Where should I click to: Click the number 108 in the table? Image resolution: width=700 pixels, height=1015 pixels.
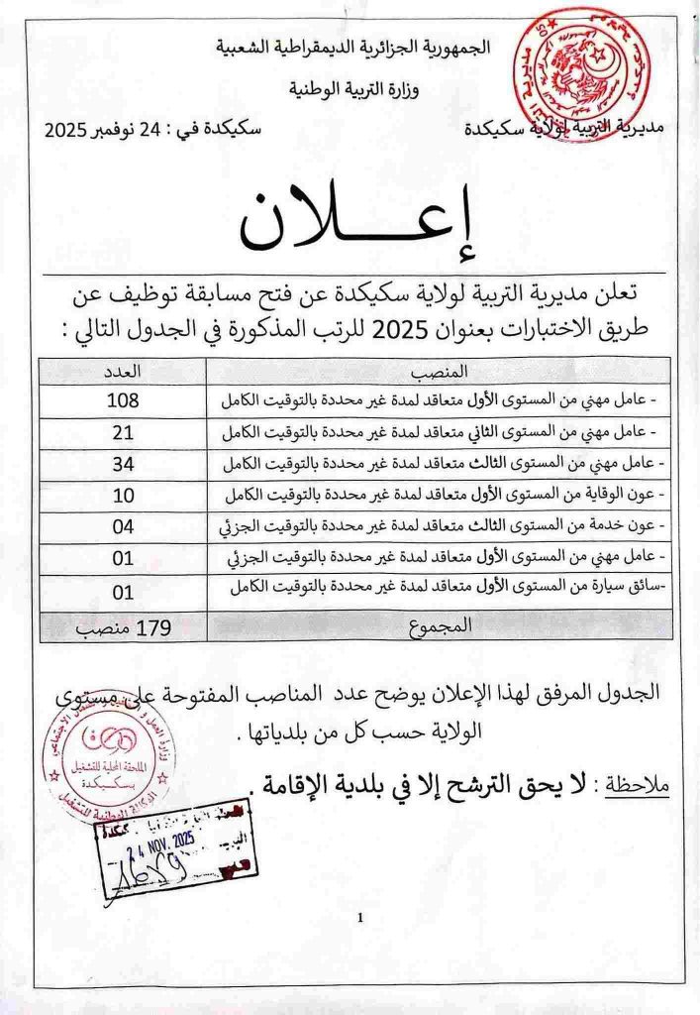pos(123,399)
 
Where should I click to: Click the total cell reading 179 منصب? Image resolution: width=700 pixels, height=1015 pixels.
pos(123,624)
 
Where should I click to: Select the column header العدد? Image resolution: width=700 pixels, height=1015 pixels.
pos(123,371)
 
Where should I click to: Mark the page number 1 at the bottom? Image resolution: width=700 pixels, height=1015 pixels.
pos(360,918)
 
